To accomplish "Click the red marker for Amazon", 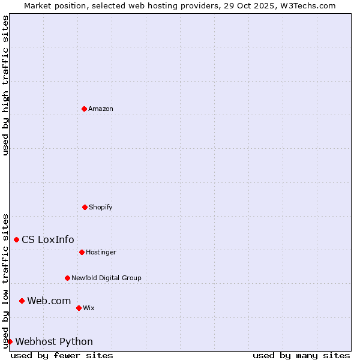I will tap(84, 109).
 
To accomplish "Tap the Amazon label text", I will tap(101, 109).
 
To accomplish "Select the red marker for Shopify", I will tap(85, 207).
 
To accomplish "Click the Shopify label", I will tap(101, 207).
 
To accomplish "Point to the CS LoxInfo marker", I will tap(16, 239).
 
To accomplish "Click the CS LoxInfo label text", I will tap(48, 240).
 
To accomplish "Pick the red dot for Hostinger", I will tap(82, 252).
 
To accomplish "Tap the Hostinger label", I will tap(101, 252).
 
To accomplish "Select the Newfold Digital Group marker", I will tap(67, 278).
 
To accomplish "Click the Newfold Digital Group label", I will tap(106, 278).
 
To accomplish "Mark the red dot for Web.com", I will tap(22, 301).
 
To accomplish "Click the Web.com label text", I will tap(49, 301).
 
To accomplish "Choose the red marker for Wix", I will tap(79, 308).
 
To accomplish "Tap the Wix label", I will tap(89, 308).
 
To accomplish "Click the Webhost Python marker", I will tap(10, 341).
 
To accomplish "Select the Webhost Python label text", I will tap(54, 342).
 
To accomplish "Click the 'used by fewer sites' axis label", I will tap(62, 355).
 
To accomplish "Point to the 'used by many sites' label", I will tap(301, 355).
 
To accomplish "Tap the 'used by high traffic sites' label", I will tap(5, 86).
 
